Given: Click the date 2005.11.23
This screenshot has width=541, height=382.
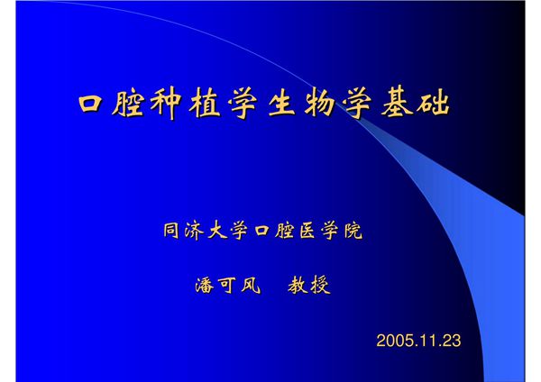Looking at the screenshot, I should click(x=418, y=341).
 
